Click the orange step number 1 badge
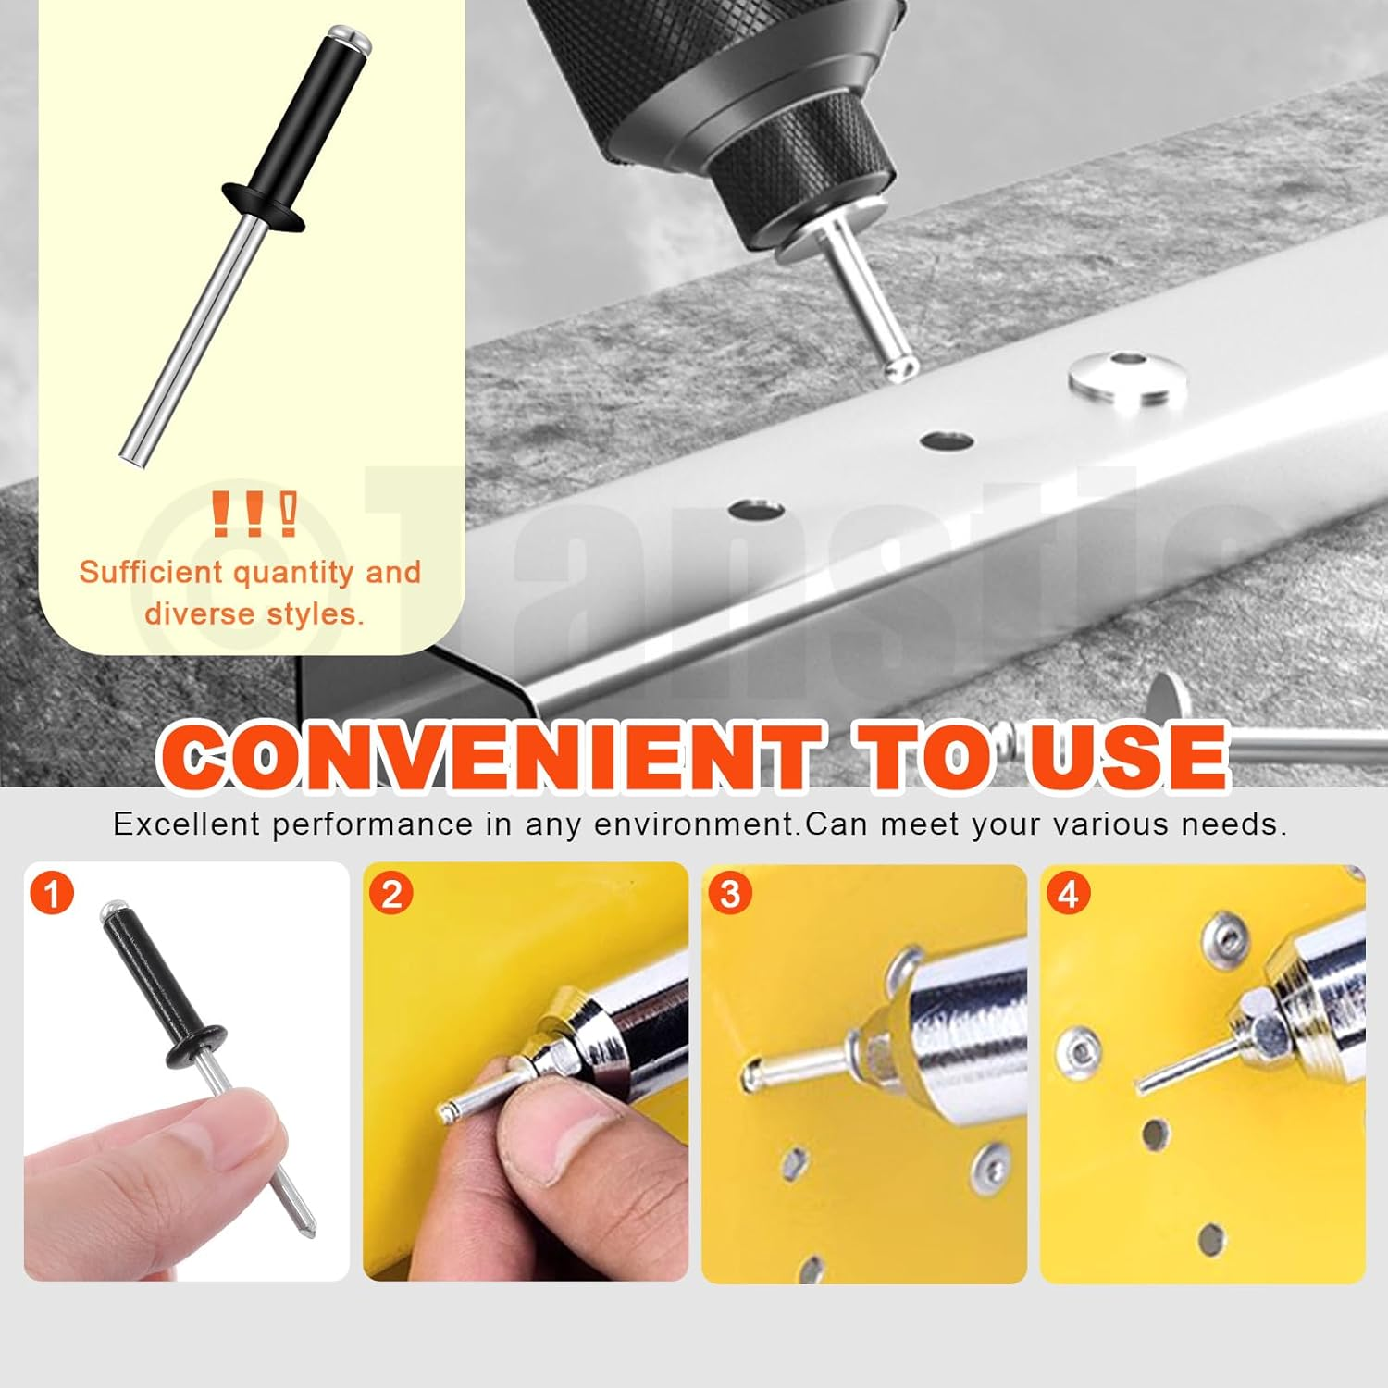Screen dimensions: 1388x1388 (x=52, y=894)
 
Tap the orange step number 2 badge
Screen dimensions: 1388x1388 (x=390, y=894)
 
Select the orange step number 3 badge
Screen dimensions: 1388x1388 (x=730, y=894)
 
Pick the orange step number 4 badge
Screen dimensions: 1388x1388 (x=1068, y=894)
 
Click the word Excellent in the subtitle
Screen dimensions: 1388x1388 (x=186, y=824)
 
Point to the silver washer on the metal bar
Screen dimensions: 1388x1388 (x=1127, y=378)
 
